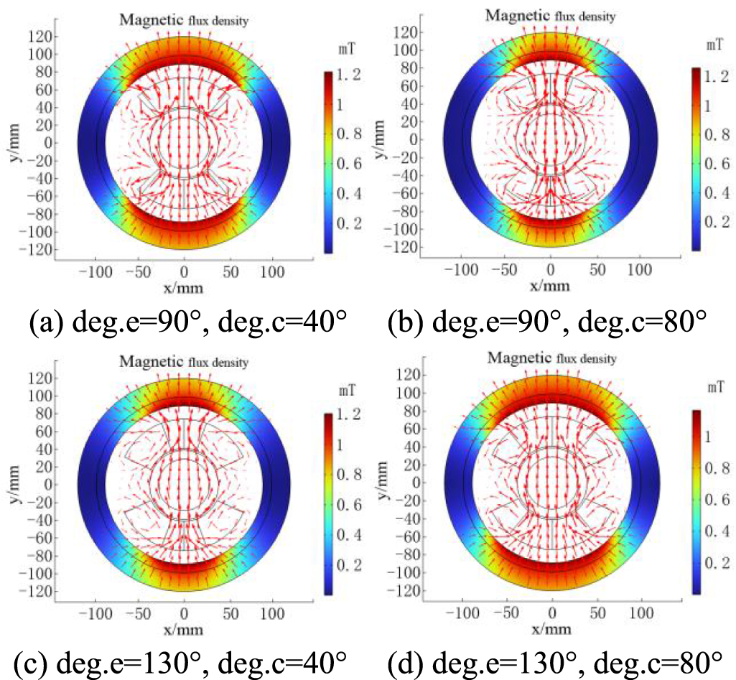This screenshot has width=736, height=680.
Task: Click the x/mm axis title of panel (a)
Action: [185, 288]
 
